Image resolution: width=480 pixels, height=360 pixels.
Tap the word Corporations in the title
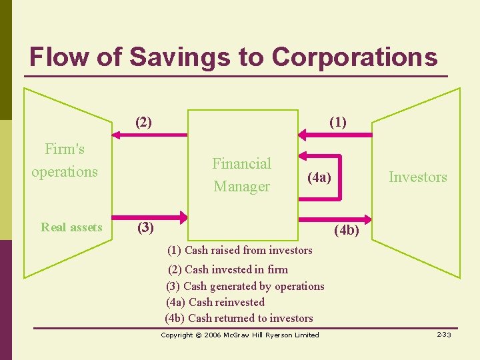(x=355, y=57)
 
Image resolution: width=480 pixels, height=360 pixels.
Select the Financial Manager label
(x=241, y=175)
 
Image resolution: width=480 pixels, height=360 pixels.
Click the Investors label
(x=418, y=177)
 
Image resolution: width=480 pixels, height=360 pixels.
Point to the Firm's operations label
(x=65, y=160)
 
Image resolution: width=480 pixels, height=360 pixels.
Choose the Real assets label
(x=71, y=227)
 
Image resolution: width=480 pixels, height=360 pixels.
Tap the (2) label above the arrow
(x=143, y=122)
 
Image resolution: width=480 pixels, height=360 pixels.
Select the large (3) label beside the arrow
(x=145, y=227)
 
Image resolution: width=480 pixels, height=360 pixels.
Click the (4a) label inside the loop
(x=319, y=177)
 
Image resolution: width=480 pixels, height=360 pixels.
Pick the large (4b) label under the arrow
(x=345, y=231)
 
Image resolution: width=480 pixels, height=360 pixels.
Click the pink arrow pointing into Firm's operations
(x=150, y=135)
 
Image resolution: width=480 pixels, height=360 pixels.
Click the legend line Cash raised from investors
(x=240, y=251)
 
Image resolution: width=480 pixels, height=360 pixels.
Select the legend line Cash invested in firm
(x=228, y=269)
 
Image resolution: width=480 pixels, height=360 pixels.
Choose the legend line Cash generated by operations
(x=245, y=286)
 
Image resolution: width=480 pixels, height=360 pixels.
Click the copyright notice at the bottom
(x=240, y=335)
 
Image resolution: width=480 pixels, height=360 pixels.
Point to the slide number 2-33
(x=444, y=335)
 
